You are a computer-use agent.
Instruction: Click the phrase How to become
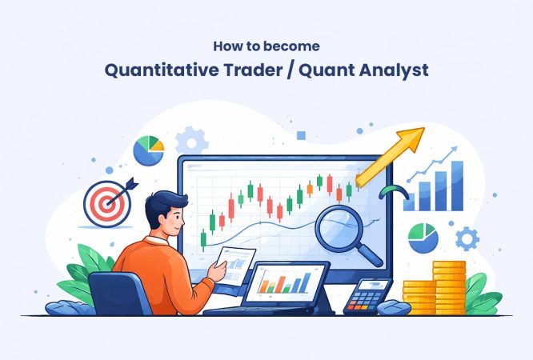click(266, 46)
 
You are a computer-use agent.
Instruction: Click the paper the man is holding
click(235, 265)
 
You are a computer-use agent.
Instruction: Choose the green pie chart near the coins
click(423, 238)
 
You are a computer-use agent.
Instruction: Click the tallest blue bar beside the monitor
click(456, 185)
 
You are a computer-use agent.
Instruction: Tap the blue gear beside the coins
click(467, 238)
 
